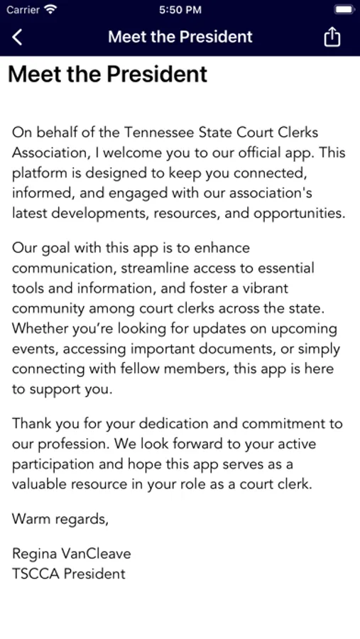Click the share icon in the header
click(332, 37)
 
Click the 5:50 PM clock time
click(180, 10)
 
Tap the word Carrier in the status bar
click(23, 10)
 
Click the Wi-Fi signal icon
click(50, 10)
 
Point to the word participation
click(55, 464)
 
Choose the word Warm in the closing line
click(29, 519)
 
